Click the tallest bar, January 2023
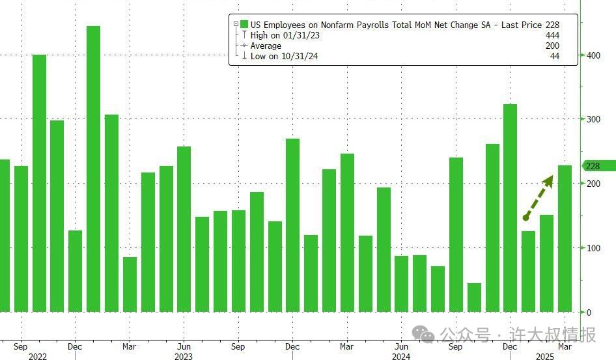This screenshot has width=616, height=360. tap(93, 169)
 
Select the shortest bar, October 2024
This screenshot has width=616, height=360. tap(474, 298)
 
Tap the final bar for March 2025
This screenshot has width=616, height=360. tap(565, 238)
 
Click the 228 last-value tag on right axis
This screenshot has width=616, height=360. tap(595, 166)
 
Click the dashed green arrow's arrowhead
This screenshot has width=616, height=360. tap(548, 180)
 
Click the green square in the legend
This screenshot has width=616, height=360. tap(245, 24)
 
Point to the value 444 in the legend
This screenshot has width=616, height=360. tap(552, 35)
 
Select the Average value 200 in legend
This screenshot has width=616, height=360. tap(552, 46)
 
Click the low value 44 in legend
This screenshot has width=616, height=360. tap(554, 57)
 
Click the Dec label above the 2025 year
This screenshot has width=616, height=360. tap(510, 347)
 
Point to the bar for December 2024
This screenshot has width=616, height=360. tap(510, 208)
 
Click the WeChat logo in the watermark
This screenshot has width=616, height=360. tap(426, 335)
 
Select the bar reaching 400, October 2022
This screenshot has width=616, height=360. tap(39, 183)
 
